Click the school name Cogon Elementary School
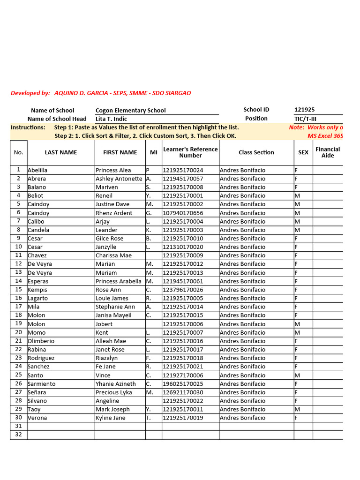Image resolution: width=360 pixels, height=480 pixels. tap(130, 111)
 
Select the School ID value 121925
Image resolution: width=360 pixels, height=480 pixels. tap(304, 110)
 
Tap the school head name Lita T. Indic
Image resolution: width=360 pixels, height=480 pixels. tap(111, 119)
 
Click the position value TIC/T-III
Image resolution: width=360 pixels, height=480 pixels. tap(305, 119)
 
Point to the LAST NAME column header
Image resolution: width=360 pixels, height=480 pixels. tap(61, 152)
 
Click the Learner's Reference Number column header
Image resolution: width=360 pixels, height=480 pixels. tap(190, 152)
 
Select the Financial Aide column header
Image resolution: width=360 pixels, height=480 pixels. tap(328, 152)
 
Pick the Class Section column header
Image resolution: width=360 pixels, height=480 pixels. tap(256, 152)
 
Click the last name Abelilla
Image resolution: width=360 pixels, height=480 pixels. tap(37, 170)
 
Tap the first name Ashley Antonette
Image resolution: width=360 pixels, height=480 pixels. tap(119, 179)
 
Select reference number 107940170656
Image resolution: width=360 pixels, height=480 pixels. tap(183, 213)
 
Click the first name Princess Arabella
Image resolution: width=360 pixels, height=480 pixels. tap(118, 281)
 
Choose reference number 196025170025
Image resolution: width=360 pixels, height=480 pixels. tap(183, 384)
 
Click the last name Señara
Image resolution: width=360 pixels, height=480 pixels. tap(37, 392)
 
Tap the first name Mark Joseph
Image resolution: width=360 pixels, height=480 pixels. tap(112, 409)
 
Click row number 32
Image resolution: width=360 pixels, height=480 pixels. tap(19, 435)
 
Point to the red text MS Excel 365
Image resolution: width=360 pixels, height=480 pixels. tap(325, 136)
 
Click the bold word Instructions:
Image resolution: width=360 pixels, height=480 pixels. tap(28, 127)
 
